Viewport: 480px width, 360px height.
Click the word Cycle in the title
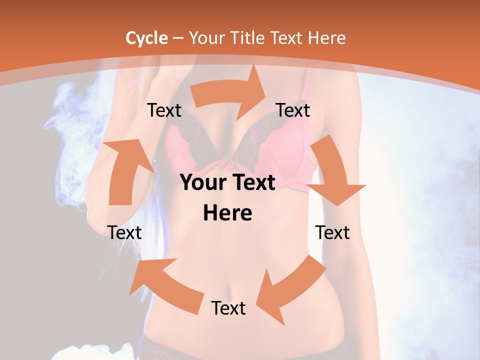pyautogui.click(x=146, y=38)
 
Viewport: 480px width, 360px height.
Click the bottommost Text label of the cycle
pyautogui.click(x=228, y=308)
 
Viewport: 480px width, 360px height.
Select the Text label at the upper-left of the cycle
pyautogui.click(x=164, y=110)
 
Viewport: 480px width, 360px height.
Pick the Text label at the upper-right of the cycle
pyautogui.click(x=293, y=110)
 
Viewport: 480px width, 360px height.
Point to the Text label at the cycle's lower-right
pyautogui.click(x=332, y=232)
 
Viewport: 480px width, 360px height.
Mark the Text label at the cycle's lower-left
pyautogui.click(x=124, y=232)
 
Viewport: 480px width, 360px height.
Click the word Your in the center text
pyautogui.click(x=201, y=183)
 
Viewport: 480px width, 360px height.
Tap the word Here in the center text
pyautogui.click(x=227, y=213)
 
